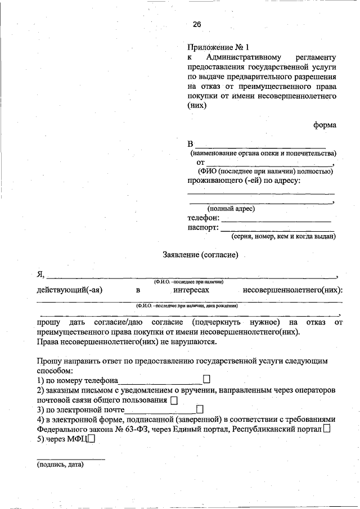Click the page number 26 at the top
click(196, 24)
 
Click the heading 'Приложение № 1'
click(218, 48)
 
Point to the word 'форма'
click(325, 125)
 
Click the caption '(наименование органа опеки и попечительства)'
click(262, 153)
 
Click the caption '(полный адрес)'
click(231, 209)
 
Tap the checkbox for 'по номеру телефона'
click(206, 380)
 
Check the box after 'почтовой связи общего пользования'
click(173, 400)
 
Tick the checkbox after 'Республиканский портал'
click(328, 429)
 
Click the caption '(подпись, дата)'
click(60, 465)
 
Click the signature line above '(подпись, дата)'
click(71, 459)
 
